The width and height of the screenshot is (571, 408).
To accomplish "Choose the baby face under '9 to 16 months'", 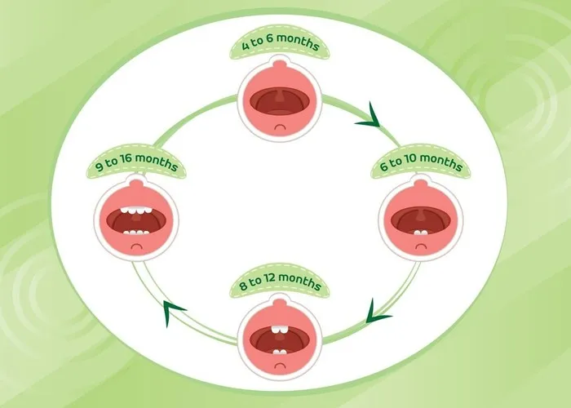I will (x=138, y=220).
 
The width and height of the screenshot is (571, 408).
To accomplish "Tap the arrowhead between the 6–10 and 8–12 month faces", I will (x=376, y=310).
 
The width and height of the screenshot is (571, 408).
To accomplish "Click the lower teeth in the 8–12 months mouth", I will (x=280, y=351).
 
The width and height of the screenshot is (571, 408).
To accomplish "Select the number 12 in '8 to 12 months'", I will (x=275, y=285).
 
